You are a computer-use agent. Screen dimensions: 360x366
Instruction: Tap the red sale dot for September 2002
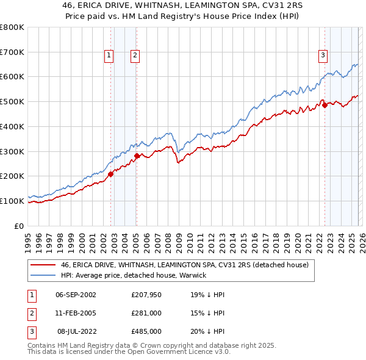click(111, 174)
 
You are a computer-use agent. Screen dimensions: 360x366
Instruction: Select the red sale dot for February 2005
click(137, 156)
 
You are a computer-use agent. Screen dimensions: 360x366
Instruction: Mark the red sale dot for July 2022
click(325, 105)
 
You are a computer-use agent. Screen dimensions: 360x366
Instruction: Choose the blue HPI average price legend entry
click(134, 275)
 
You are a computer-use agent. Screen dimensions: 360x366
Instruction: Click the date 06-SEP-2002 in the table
click(76, 295)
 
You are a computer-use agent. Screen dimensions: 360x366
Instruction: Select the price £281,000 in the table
click(146, 313)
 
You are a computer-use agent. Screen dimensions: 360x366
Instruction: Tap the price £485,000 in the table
click(146, 331)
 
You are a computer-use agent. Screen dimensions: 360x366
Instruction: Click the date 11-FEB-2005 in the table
click(76, 313)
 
